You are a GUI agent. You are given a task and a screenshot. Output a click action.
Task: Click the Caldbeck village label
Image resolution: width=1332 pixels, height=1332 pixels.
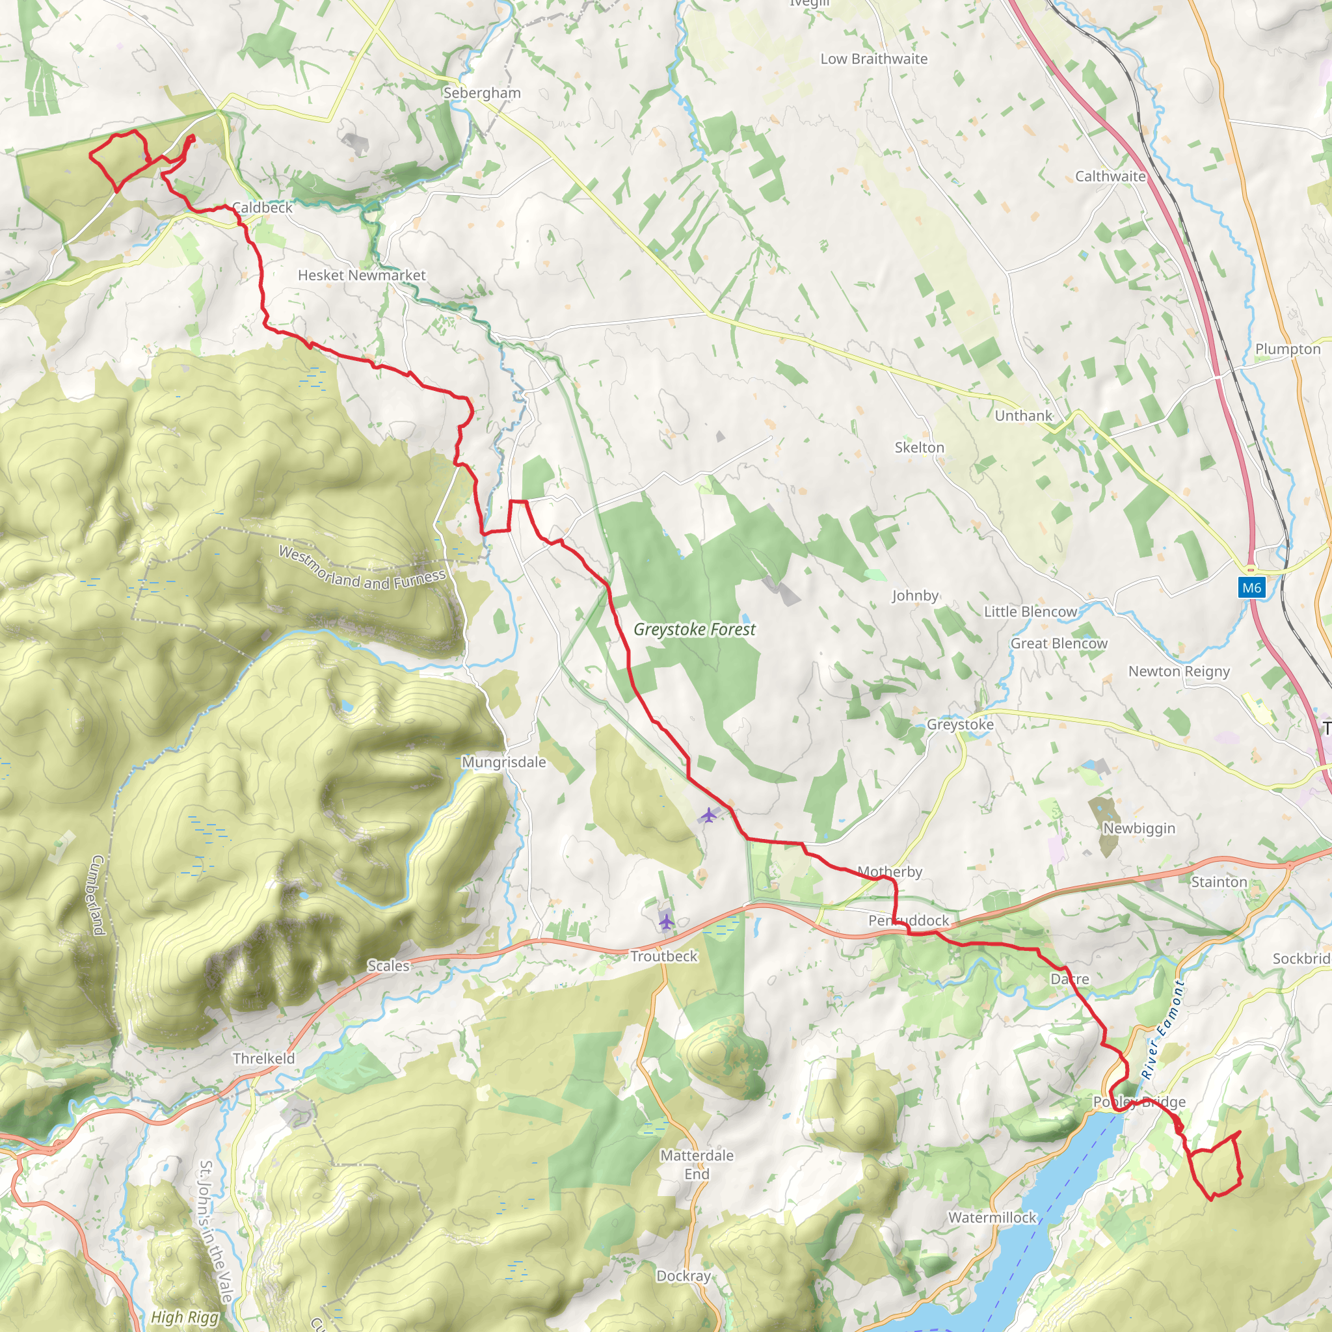(262, 207)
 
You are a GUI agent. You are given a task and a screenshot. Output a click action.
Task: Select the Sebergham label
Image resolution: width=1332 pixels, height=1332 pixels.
(482, 93)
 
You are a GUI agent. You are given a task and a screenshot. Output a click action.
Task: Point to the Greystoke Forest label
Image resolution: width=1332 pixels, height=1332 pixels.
(694, 630)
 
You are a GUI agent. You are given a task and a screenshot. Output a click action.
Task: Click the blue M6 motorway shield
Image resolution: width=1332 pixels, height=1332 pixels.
(1251, 587)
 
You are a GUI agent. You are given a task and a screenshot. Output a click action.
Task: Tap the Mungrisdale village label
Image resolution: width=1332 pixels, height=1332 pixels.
(503, 762)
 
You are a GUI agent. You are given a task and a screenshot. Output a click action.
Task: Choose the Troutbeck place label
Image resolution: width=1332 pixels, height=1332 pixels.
(664, 956)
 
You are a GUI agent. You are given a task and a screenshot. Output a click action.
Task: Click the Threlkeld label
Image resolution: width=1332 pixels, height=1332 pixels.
(263, 1058)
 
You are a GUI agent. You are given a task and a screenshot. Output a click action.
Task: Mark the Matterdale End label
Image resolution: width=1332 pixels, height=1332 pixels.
(697, 1164)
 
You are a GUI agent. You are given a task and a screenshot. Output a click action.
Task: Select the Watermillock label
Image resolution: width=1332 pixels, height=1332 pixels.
(992, 1218)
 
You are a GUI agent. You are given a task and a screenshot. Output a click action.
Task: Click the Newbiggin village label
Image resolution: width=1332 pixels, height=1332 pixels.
(1139, 828)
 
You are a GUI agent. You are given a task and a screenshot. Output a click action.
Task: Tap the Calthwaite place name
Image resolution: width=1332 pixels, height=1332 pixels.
(1110, 176)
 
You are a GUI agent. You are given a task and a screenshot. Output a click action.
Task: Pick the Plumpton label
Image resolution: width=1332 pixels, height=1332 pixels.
(1288, 349)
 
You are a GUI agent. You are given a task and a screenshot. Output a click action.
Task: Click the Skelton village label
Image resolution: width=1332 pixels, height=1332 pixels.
(919, 447)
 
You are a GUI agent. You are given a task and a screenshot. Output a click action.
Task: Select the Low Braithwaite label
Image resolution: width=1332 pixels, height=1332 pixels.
(873, 59)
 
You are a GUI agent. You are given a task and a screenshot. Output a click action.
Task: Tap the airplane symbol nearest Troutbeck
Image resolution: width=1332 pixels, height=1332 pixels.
(666, 920)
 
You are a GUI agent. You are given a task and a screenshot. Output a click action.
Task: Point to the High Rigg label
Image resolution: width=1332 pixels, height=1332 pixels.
(185, 1318)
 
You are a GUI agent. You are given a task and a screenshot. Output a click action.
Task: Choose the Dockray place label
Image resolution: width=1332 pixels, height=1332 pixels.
(684, 1276)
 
